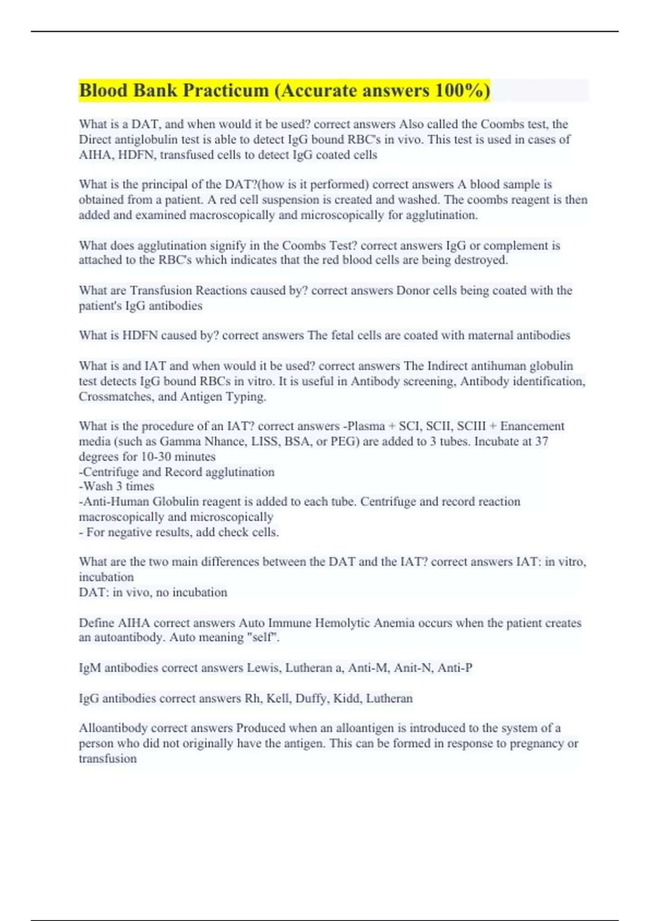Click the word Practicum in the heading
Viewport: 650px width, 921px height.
tap(224, 90)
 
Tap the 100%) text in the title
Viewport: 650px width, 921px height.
tap(461, 90)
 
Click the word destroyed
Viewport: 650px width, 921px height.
tap(480, 260)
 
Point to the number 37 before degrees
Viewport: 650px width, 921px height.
tap(542, 442)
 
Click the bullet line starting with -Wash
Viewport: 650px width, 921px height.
tap(116, 487)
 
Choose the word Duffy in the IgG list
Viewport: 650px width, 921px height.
tap(311, 698)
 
